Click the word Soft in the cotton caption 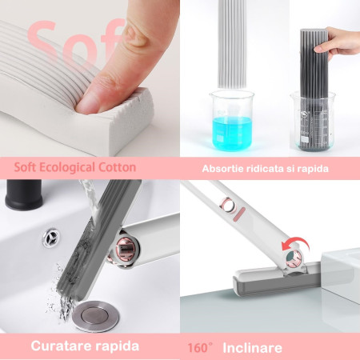point(28,167)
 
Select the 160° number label point(200,348)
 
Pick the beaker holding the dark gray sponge point(313,124)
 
